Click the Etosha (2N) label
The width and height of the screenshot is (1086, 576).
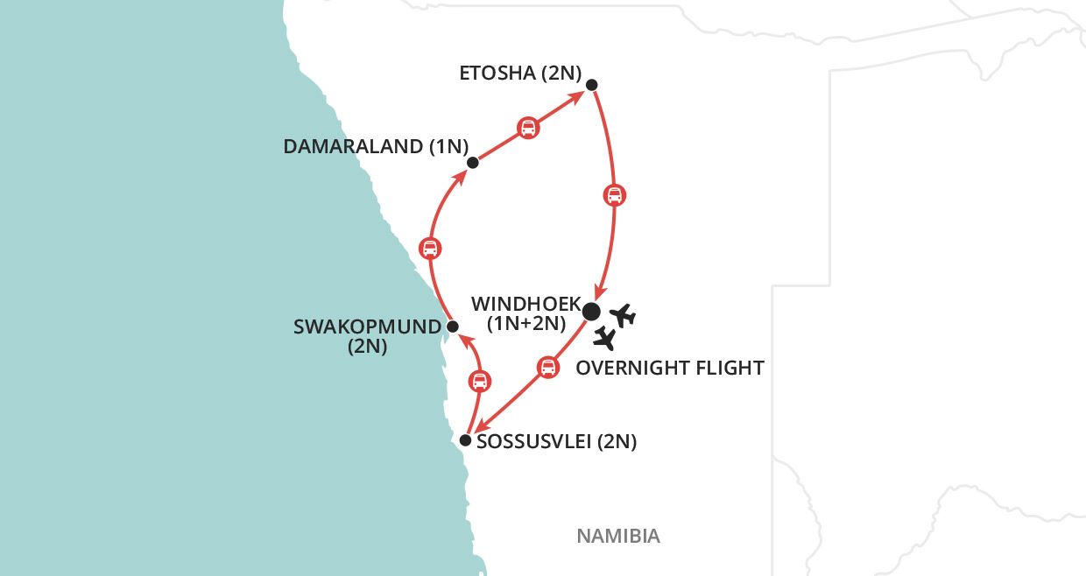520,73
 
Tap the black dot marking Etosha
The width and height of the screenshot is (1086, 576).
591,85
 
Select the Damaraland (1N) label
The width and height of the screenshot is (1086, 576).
376,146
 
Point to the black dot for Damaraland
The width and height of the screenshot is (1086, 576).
473,162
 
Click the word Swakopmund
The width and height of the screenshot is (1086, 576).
367,327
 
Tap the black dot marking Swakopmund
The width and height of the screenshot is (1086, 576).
452,327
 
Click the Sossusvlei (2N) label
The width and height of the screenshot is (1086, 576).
556,442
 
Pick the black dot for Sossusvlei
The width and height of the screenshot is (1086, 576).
466,440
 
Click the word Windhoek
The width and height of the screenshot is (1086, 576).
525,305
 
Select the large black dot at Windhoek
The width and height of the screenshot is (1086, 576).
591,311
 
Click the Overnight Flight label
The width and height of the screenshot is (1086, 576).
670,368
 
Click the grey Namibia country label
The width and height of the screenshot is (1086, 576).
617,536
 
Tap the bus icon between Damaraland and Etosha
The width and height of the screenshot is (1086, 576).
527,128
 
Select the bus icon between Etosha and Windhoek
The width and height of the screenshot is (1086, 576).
615,194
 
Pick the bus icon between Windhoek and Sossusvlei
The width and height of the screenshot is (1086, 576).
547,367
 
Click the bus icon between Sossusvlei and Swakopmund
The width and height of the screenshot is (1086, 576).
479,381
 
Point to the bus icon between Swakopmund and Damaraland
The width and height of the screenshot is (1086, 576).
429,248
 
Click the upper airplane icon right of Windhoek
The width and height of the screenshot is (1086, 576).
623,315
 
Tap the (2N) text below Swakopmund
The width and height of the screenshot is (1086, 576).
367,348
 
